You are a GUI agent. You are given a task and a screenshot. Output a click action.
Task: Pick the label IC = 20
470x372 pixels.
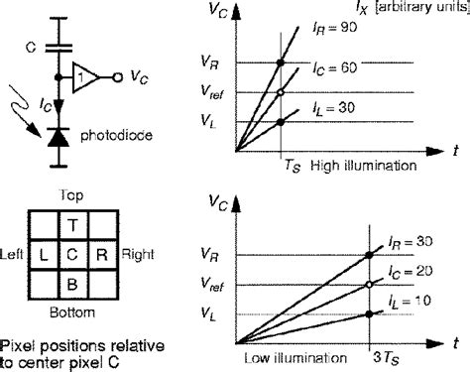[410, 271]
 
